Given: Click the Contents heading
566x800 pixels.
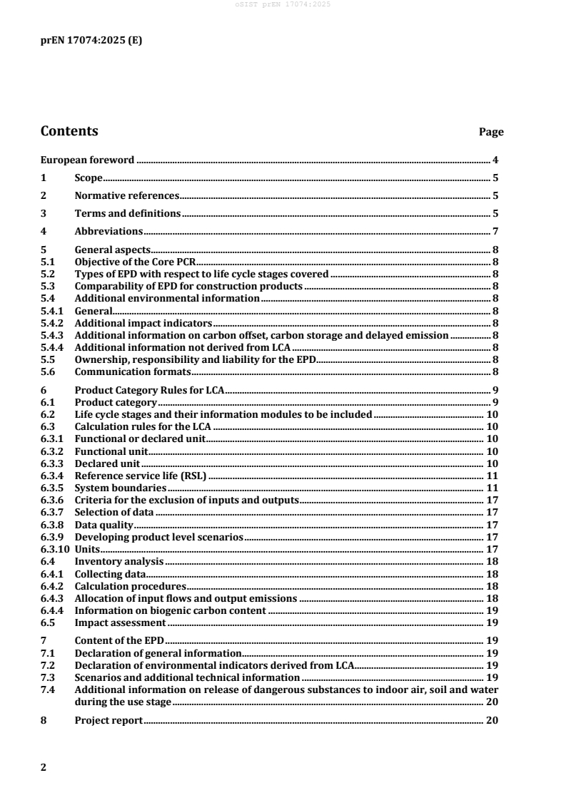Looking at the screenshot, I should [x=69, y=131].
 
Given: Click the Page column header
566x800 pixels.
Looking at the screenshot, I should [x=491, y=133].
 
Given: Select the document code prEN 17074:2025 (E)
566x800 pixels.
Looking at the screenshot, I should [x=91, y=41].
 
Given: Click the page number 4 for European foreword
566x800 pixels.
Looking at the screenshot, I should [x=495, y=160].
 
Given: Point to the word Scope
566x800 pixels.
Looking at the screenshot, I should [x=89, y=178].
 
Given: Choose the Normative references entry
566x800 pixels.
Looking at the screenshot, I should [x=126, y=195].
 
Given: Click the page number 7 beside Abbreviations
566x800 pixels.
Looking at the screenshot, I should [x=495, y=231].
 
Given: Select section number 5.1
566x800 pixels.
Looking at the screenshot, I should [x=47, y=262].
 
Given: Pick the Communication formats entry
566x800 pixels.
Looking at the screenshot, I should [x=132, y=372].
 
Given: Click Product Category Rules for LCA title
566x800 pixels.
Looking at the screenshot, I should [x=150, y=391].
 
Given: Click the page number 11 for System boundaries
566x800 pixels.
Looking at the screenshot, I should [x=492, y=488].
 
